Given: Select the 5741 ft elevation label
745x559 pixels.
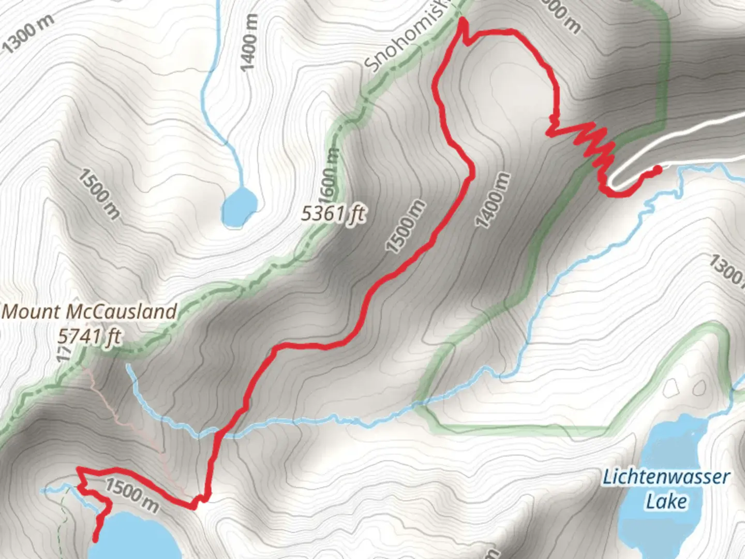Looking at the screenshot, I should pyautogui.click(x=89, y=336).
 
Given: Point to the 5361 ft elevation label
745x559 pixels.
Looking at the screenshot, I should pyautogui.click(x=334, y=213).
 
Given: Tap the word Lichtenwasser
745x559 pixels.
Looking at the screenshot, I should pyautogui.click(x=666, y=477).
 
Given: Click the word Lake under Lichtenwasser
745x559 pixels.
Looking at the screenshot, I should pyautogui.click(x=666, y=501).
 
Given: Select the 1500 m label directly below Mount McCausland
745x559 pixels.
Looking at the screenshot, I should pyautogui.click(x=132, y=495).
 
